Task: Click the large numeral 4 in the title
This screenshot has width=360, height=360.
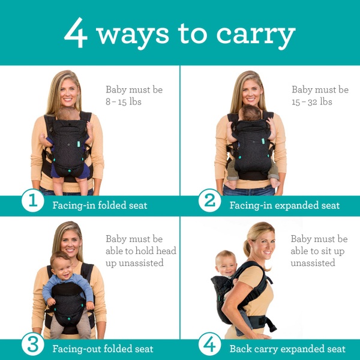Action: click(77, 34)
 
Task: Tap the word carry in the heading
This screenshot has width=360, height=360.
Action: click(259, 35)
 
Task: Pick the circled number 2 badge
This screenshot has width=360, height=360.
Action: click(209, 202)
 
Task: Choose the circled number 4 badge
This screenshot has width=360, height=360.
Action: click(209, 346)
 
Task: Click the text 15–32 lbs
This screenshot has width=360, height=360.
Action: click(312, 102)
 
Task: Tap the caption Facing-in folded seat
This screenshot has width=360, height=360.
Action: click(99, 205)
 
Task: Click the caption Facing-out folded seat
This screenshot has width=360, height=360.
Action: click(102, 349)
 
